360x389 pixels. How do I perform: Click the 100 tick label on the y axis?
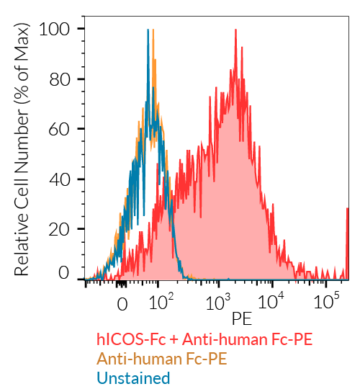point(55,30)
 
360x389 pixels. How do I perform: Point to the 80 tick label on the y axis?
point(60,79)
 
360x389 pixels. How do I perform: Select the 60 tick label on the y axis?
point(60,129)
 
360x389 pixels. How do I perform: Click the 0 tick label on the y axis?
point(66,273)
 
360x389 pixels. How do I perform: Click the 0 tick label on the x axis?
point(122,303)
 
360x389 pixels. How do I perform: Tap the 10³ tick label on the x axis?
point(217,301)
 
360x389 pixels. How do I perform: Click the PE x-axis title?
point(242,317)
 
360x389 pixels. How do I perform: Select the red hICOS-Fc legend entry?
point(204,339)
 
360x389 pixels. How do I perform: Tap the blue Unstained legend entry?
point(133,378)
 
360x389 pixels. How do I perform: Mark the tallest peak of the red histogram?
point(235,31)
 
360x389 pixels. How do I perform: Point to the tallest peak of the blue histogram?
point(148,31)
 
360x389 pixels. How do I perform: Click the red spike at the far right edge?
point(347,249)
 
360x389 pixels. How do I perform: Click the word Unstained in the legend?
point(133,378)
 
